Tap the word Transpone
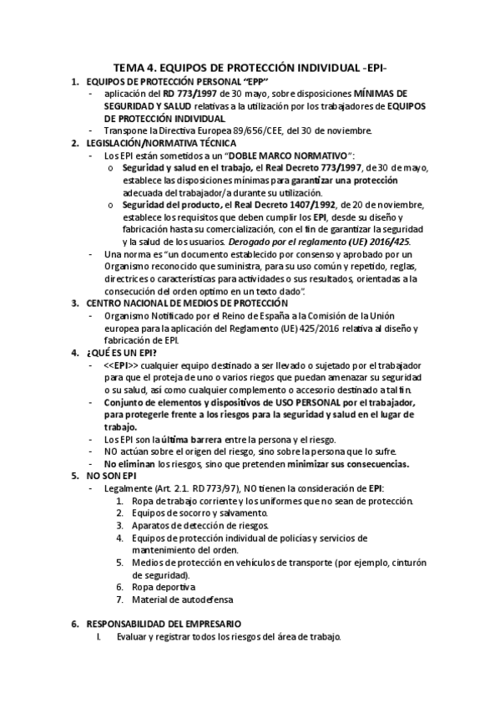126,130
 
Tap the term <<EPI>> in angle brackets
122,366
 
